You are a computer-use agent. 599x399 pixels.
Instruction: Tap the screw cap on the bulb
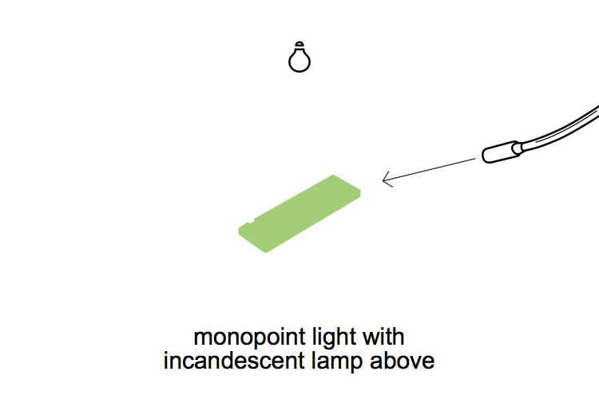click(x=299, y=45)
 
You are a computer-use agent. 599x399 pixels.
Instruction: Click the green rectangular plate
click(x=299, y=213)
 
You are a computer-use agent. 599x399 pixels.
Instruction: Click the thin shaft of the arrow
click(x=431, y=169)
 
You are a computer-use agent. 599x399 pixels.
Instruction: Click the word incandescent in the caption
click(x=232, y=361)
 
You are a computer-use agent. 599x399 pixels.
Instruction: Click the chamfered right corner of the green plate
click(x=359, y=192)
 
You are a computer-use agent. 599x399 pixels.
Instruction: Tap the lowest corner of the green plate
click(x=266, y=251)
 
